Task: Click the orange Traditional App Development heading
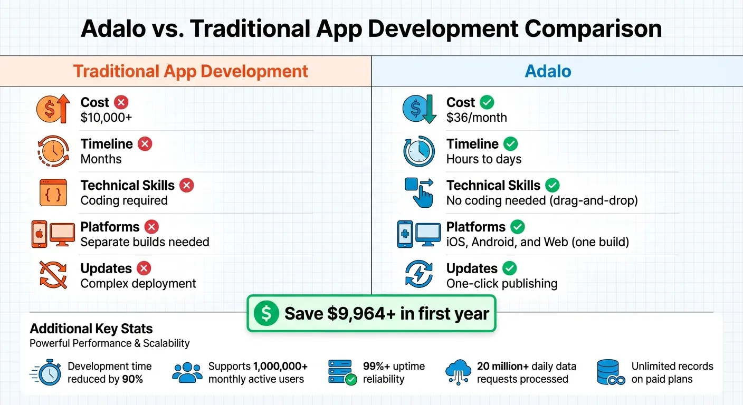(x=190, y=71)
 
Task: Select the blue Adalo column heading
(x=548, y=71)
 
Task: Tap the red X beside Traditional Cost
(x=121, y=102)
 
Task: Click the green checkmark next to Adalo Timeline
(x=510, y=143)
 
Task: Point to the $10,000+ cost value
(x=106, y=118)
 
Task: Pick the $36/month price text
(x=476, y=118)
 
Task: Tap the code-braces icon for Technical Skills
(x=53, y=192)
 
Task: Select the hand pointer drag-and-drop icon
(x=420, y=192)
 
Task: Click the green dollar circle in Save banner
(x=266, y=314)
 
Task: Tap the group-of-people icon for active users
(x=187, y=373)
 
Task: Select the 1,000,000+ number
(x=280, y=367)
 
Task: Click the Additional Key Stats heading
(x=91, y=329)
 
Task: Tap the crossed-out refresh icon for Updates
(x=53, y=275)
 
